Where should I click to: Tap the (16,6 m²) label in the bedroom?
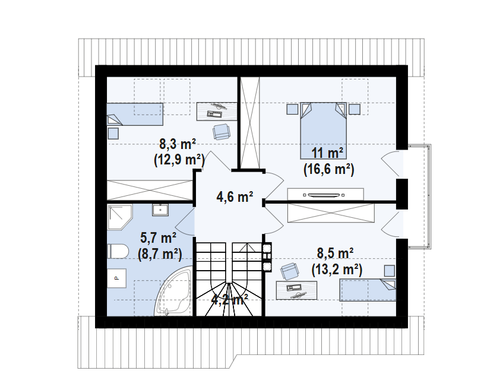click(328, 169)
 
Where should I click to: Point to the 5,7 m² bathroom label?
click(159, 238)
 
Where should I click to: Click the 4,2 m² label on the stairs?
click(229, 299)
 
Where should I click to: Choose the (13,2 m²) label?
click(337, 269)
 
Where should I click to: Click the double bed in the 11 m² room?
click(322, 129)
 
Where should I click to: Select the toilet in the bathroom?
click(117, 251)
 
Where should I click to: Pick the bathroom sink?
click(160, 210)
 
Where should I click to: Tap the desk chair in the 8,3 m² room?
click(221, 131)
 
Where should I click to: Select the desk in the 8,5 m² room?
click(296, 290)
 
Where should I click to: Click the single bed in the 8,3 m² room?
click(135, 114)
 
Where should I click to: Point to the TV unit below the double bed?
click(324, 195)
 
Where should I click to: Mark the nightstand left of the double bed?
click(292, 109)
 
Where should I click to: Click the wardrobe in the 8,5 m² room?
click(331, 213)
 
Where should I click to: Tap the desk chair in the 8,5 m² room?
click(289, 271)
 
